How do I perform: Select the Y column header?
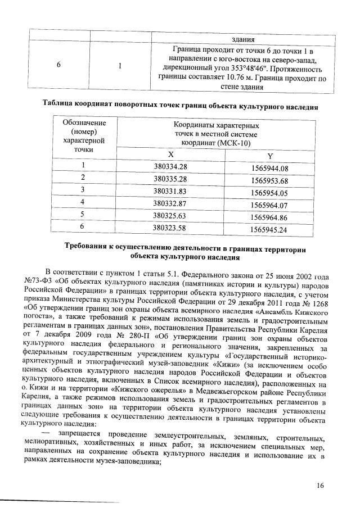pos(269,156)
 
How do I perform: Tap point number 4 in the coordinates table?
pos(83,202)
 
